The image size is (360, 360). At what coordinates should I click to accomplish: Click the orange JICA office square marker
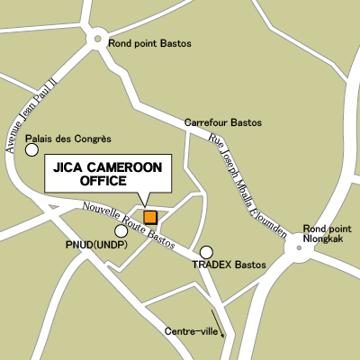(150, 217)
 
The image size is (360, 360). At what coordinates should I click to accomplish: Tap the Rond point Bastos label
(149, 43)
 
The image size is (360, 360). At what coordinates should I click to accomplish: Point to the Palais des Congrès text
(68, 139)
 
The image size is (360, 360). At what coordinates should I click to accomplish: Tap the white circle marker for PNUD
(121, 231)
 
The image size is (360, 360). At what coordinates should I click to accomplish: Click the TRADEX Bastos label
(229, 265)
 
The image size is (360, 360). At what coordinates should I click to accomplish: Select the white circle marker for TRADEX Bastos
(207, 252)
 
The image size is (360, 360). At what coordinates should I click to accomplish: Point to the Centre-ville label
(191, 331)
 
